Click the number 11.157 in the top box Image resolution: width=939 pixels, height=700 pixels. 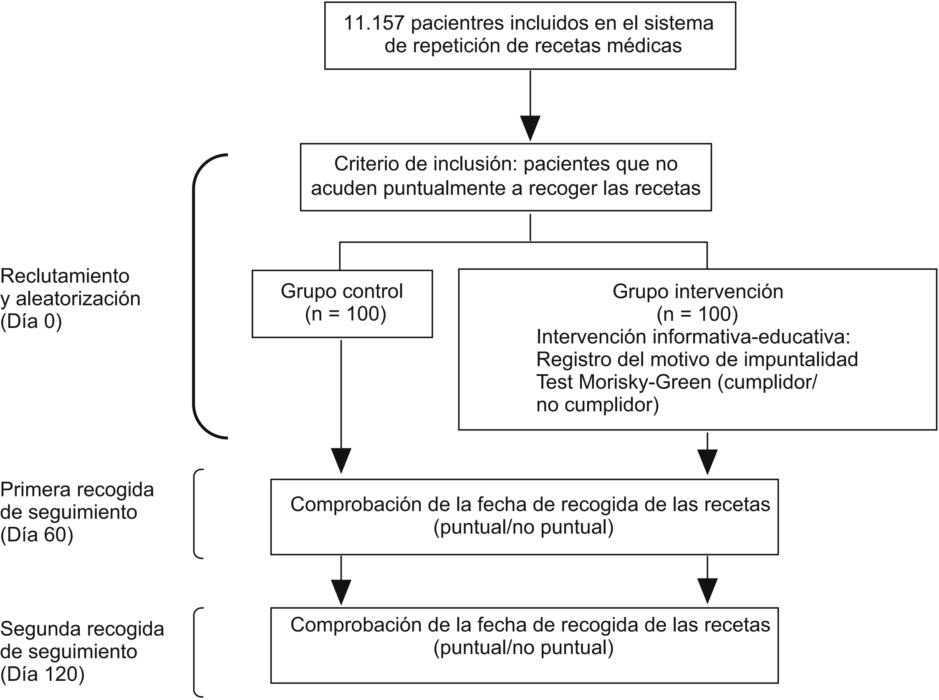374,23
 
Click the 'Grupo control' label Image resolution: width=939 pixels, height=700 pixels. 342,291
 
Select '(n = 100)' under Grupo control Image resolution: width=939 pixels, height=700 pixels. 346,314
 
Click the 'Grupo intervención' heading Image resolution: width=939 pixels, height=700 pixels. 698,292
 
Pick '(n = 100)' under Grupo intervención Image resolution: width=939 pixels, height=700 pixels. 697,314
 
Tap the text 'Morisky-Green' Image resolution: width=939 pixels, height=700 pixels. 644,382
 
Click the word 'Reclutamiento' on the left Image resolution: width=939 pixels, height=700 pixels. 65,276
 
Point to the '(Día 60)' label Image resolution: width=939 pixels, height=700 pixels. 37,535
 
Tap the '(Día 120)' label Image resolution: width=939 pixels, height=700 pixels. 43,674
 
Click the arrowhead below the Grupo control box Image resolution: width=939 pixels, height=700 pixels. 341,460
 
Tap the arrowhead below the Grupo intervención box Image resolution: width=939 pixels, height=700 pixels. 707,461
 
